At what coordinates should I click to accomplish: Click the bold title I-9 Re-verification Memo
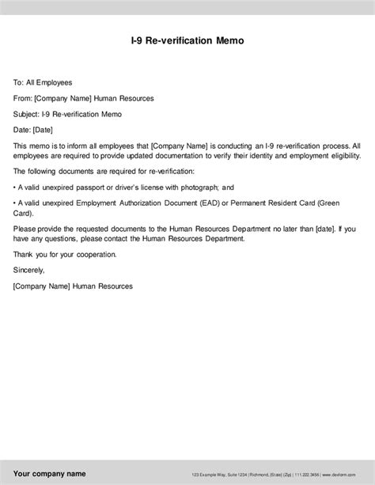pyautogui.click(x=187, y=40)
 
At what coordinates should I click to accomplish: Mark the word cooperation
pyautogui.click(x=93, y=254)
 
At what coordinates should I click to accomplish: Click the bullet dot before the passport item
pyautogui.click(x=15, y=188)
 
